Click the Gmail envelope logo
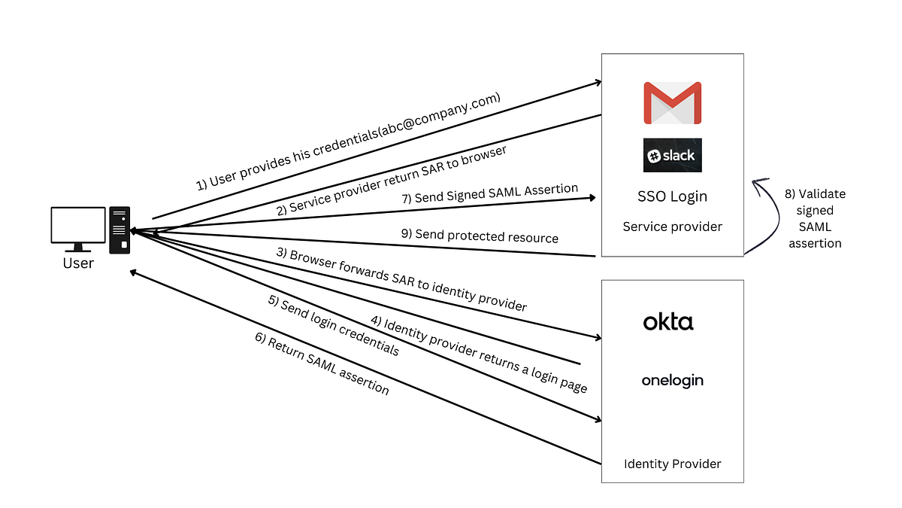click(x=672, y=103)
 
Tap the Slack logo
click(x=672, y=155)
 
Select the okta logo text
click(x=668, y=322)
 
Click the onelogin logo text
click(x=672, y=380)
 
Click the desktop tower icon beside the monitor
click(x=120, y=230)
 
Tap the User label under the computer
click(x=78, y=263)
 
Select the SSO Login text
click(x=672, y=197)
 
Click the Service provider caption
click(x=672, y=227)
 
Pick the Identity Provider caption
click(x=672, y=464)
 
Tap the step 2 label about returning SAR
click(x=391, y=181)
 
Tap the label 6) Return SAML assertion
click(x=322, y=364)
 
